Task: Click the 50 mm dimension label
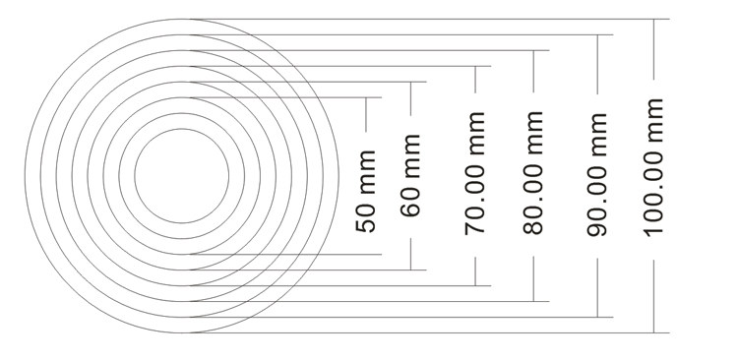pyautogui.click(x=366, y=191)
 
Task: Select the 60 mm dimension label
pyautogui.click(x=410, y=175)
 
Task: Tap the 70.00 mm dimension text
pyautogui.click(x=475, y=173)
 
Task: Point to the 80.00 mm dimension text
pyautogui.click(x=533, y=173)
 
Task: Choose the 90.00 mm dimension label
pyautogui.click(x=597, y=174)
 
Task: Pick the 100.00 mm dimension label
pyautogui.click(x=653, y=167)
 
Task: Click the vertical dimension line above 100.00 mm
pyautogui.click(x=653, y=49)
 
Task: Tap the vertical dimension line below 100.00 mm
pyautogui.click(x=653, y=296)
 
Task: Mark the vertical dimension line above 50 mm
pyautogui.click(x=366, y=114)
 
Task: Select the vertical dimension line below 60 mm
pyautogui.click(x=410, y=254)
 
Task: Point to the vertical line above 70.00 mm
pyautogui.click(x=475, y=80)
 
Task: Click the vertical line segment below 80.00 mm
pyautogui.click(x=533, y=278)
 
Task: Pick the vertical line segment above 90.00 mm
pyautogui.click(x=597, y=65)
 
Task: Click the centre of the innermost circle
pyautogui.click(x=182, y=176)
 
